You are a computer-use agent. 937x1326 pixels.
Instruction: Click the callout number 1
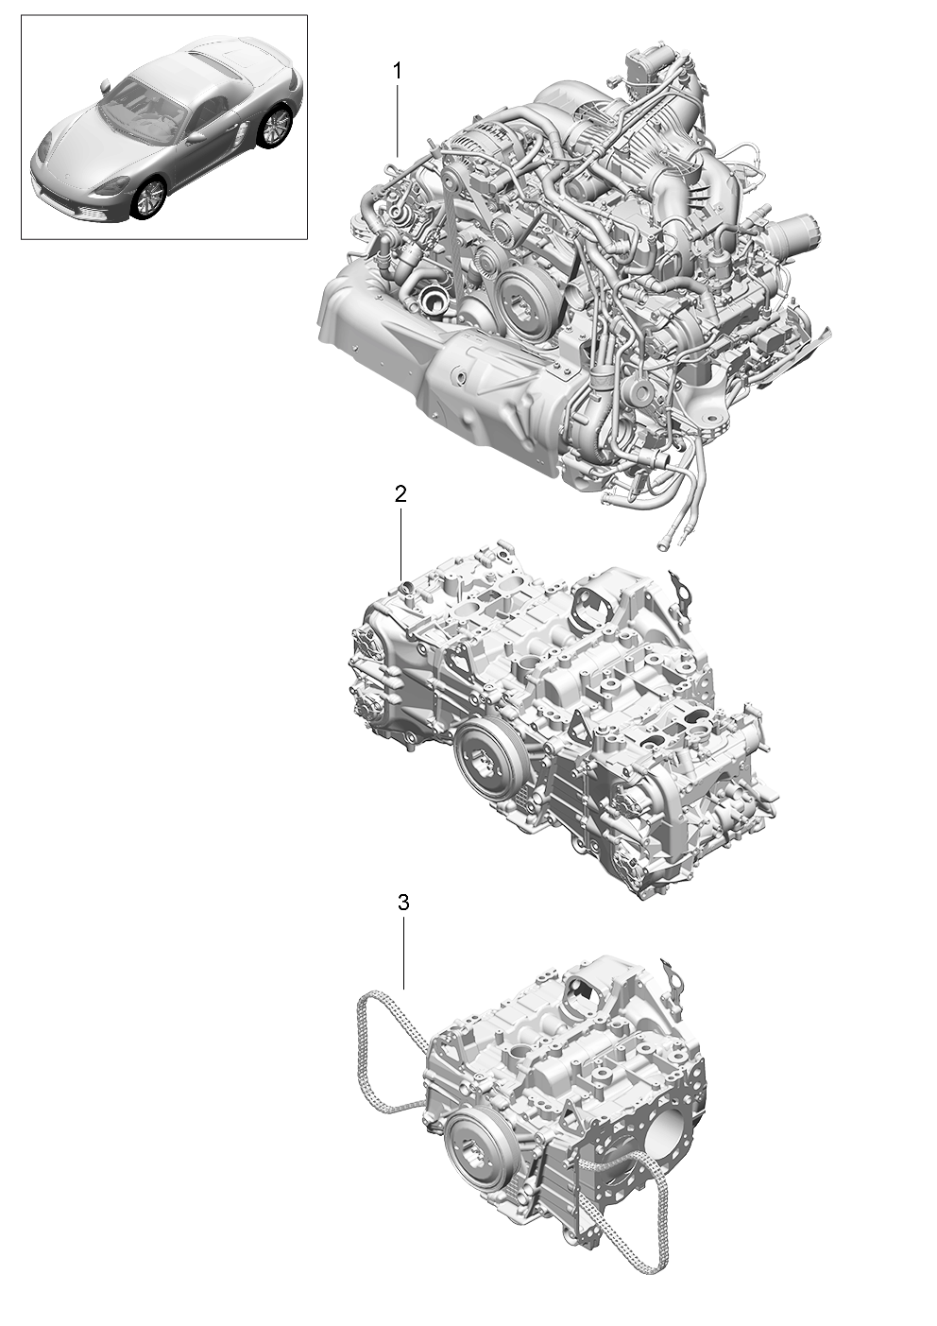[398, 72]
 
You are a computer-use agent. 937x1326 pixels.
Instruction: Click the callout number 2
[400, 493]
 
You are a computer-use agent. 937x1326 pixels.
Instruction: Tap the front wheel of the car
[148, 198]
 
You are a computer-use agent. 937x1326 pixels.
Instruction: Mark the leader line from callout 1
[398, 121]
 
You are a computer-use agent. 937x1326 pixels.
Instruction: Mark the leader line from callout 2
[401, 543]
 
